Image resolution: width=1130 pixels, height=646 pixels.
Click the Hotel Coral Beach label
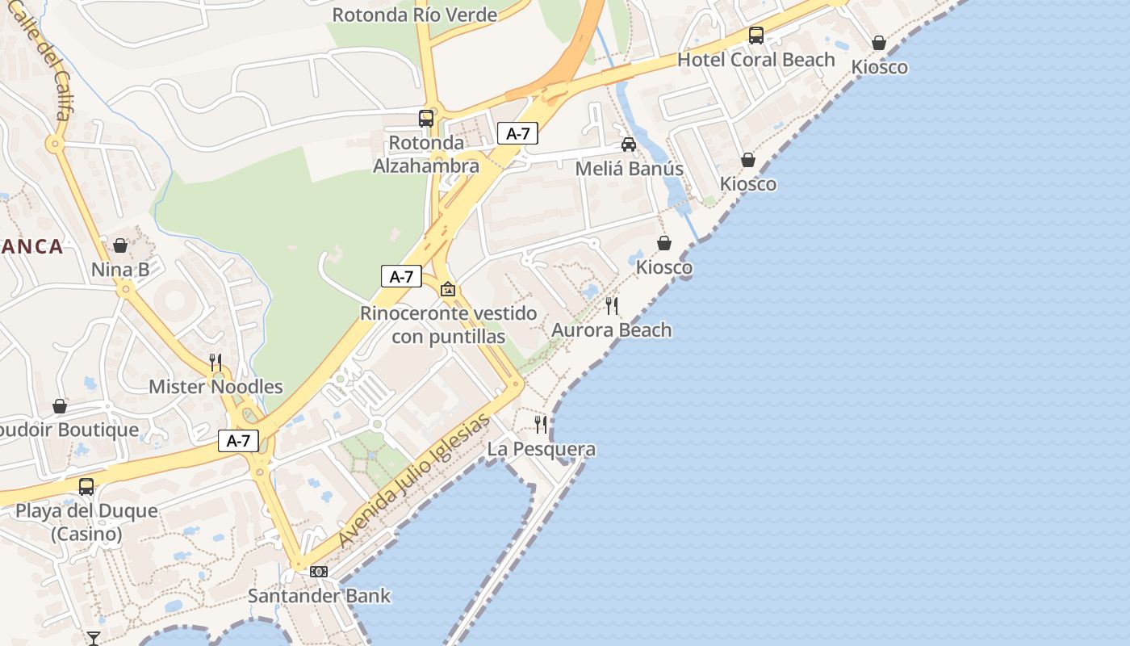click(755, 60)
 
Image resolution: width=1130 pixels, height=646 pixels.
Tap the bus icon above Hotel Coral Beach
click(756, 35)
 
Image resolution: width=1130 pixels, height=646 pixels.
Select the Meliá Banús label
click(629, 169)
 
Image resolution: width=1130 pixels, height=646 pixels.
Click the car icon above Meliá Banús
click(628, 145)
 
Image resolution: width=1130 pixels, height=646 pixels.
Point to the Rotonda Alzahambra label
click(426, 154)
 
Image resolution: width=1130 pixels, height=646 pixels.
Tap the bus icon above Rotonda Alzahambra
click(426, 119)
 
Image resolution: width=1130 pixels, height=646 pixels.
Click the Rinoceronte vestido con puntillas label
click(448, 325)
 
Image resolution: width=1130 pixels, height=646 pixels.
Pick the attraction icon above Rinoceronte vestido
click(448, 288)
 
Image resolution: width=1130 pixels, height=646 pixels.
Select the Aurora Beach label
click(611, 329)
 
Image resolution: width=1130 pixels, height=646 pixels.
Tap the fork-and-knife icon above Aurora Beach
click(612, 305)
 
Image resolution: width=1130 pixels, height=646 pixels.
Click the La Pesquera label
click(542, 449)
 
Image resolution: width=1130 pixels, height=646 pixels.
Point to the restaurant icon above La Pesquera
click(541, 424)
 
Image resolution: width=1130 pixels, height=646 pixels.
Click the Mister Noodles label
click(216, 387)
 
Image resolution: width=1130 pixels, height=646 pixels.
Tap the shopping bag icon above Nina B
click(120, 245)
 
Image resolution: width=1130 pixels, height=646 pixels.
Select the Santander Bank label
click(319, 596)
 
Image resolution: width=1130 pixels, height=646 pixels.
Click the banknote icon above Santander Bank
click(319, 572)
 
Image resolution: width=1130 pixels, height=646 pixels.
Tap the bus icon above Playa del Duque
click(86, 487)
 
